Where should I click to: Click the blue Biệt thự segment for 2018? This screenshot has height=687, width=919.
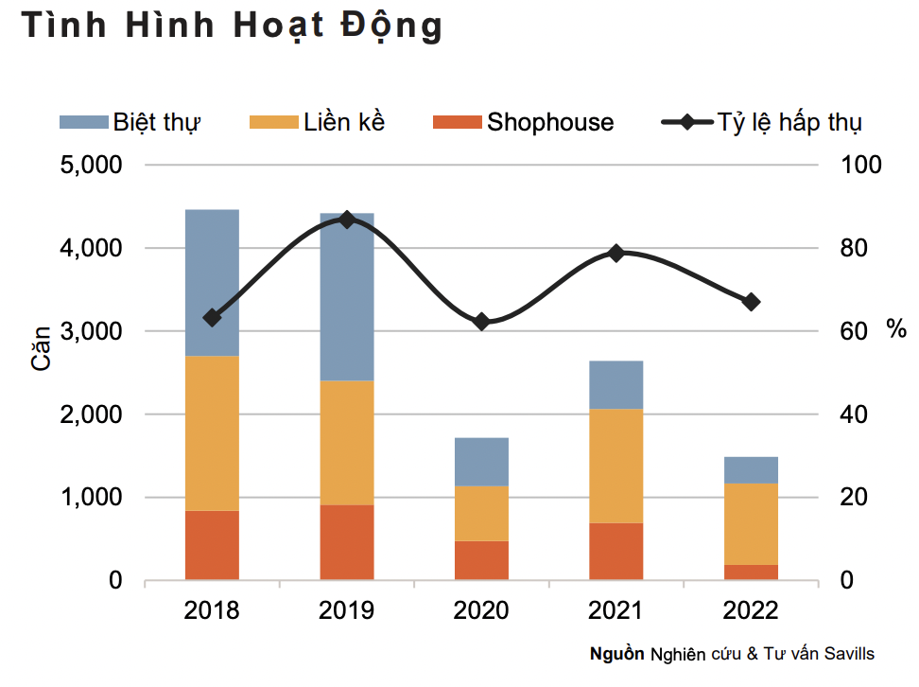212,282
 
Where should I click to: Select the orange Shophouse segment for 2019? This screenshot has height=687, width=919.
347,541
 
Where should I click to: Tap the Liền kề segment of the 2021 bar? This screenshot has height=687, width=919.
616,466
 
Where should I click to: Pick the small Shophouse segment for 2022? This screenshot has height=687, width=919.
751,572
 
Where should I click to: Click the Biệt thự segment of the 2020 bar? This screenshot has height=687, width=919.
481,462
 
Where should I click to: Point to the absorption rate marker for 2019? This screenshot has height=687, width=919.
347,220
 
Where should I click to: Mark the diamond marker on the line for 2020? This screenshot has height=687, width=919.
481,322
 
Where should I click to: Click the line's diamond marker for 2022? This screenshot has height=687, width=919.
751,302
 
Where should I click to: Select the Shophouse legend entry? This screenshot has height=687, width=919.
549,122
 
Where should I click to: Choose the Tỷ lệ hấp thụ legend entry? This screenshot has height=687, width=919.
789,122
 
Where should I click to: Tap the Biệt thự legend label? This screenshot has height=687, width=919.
157,122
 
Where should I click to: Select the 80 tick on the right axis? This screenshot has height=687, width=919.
860,249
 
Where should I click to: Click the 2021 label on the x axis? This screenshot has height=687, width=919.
616,610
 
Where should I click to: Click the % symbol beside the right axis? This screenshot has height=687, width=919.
895,329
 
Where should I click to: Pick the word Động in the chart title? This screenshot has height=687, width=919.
390,26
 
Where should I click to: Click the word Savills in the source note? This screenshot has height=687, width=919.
846,654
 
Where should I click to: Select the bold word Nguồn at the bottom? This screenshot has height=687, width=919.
616,654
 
